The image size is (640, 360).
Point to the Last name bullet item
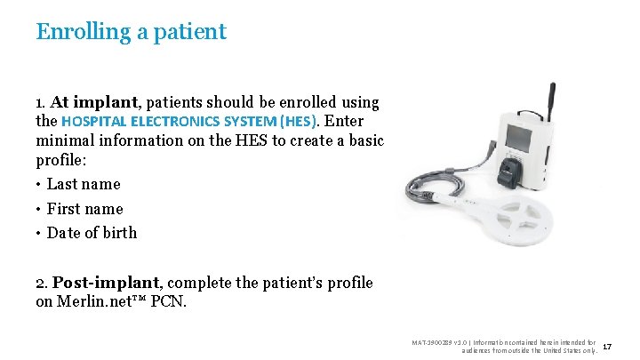(x=83, y=184)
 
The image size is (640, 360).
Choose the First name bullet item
(x=84, y=209)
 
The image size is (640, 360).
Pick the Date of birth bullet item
(x=92, y=233)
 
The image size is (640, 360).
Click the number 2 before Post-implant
(x=40, y=284)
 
